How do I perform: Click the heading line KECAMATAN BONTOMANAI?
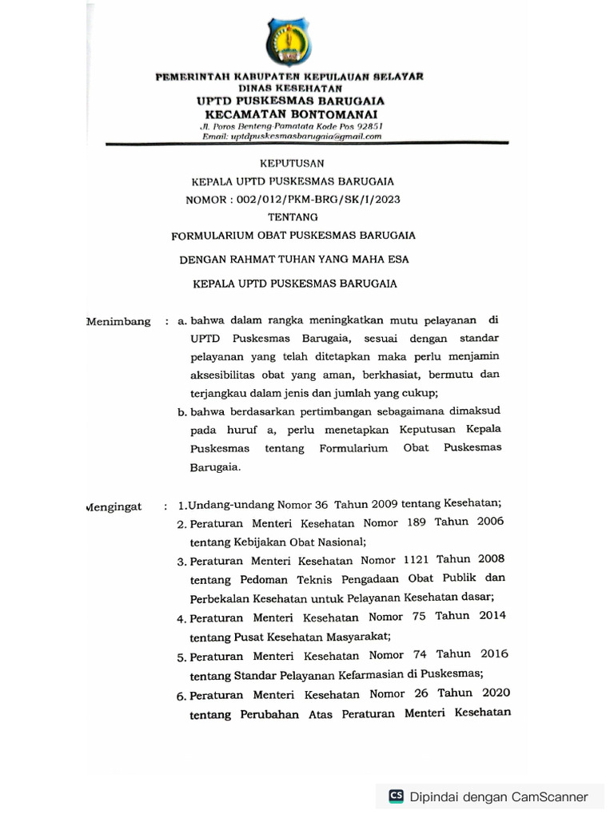[290, 113]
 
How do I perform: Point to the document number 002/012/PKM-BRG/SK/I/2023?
[316, 200]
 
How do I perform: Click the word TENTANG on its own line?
[293, 217]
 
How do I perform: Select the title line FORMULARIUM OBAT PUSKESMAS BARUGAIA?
[293, 236]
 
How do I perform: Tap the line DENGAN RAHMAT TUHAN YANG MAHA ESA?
[293, 259]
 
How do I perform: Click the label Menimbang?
[118, 321]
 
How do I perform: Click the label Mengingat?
[114, 506]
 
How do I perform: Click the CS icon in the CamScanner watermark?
[396, 796]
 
